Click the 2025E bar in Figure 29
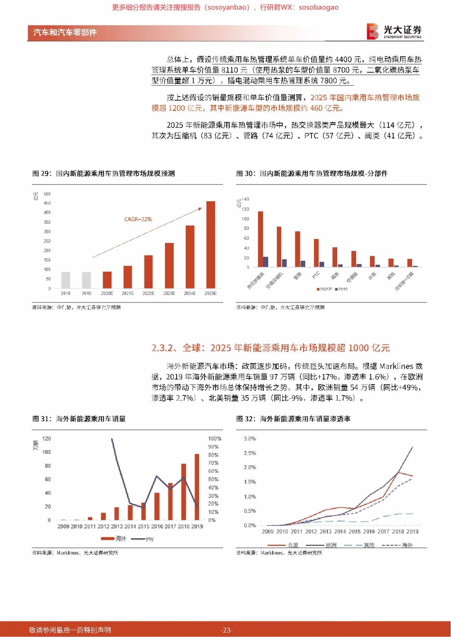coord(210,244)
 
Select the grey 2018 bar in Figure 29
coord(66,280)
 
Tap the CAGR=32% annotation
coord(138,219)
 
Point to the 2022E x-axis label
coord(148,293)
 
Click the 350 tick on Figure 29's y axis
coord(47,222)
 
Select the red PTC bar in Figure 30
coord(316,253)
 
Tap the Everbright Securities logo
coord(394,31)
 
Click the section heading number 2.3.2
coord(164,348)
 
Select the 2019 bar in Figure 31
coord(197,487)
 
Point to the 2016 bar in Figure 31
coord(157,506)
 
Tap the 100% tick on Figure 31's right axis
coord(215,439)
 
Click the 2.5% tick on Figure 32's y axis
coord(250,453)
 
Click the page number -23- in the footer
coord(226,630)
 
